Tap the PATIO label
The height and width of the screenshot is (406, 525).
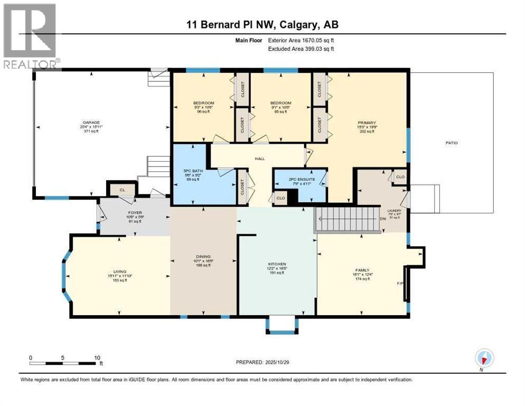tap(451, 143)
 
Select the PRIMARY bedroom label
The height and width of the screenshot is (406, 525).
tap(366, 122)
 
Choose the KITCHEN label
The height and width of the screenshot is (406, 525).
tap(277, 264)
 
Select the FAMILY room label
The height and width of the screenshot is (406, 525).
tap(362, 270)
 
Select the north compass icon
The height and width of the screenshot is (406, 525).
tap(483, 358)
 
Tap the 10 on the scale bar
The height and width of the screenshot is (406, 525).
tap(97, 357)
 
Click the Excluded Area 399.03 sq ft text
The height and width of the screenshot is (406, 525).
tap(301, 49)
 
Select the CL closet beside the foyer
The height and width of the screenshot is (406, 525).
tap(122, 188)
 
